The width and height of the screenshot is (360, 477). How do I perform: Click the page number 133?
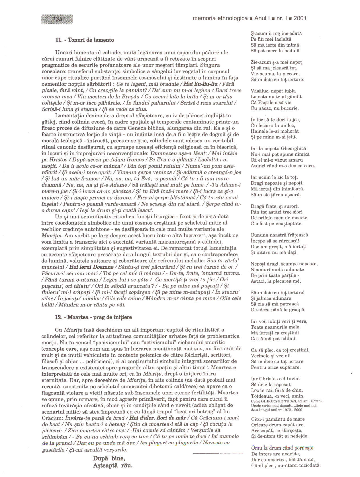[x=57, y=19]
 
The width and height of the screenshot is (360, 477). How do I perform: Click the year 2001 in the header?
[x=300, y=18]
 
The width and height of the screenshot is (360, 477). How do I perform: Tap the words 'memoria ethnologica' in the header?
[x=220, y=18]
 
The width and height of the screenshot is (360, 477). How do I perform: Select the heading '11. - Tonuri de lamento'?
[x=85, y=40]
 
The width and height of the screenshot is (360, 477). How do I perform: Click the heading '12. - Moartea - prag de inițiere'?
[x=93, y=317]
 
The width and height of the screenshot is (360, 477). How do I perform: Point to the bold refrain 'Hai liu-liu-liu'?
[x=201, y=84]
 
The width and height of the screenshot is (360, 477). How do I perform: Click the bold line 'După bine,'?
[x=109, y=459]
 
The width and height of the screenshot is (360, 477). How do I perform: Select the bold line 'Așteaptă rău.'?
[x=113, y=466]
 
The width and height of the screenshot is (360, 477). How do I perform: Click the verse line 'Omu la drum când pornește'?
[x=282, y=448]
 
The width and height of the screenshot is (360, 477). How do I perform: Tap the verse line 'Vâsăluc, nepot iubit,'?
[x=273, y=91]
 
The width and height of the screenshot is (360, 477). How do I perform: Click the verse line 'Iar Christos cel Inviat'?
[x=275, y=379]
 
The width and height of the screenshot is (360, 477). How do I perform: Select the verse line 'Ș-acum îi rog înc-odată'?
[x=276, y=34]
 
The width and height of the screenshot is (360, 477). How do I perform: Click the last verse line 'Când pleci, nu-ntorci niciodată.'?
[x=286, y=466]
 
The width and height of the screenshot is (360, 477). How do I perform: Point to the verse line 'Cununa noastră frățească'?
[x=279, y=235]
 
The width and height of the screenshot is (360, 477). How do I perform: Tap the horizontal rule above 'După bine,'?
[x=218, y=453]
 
